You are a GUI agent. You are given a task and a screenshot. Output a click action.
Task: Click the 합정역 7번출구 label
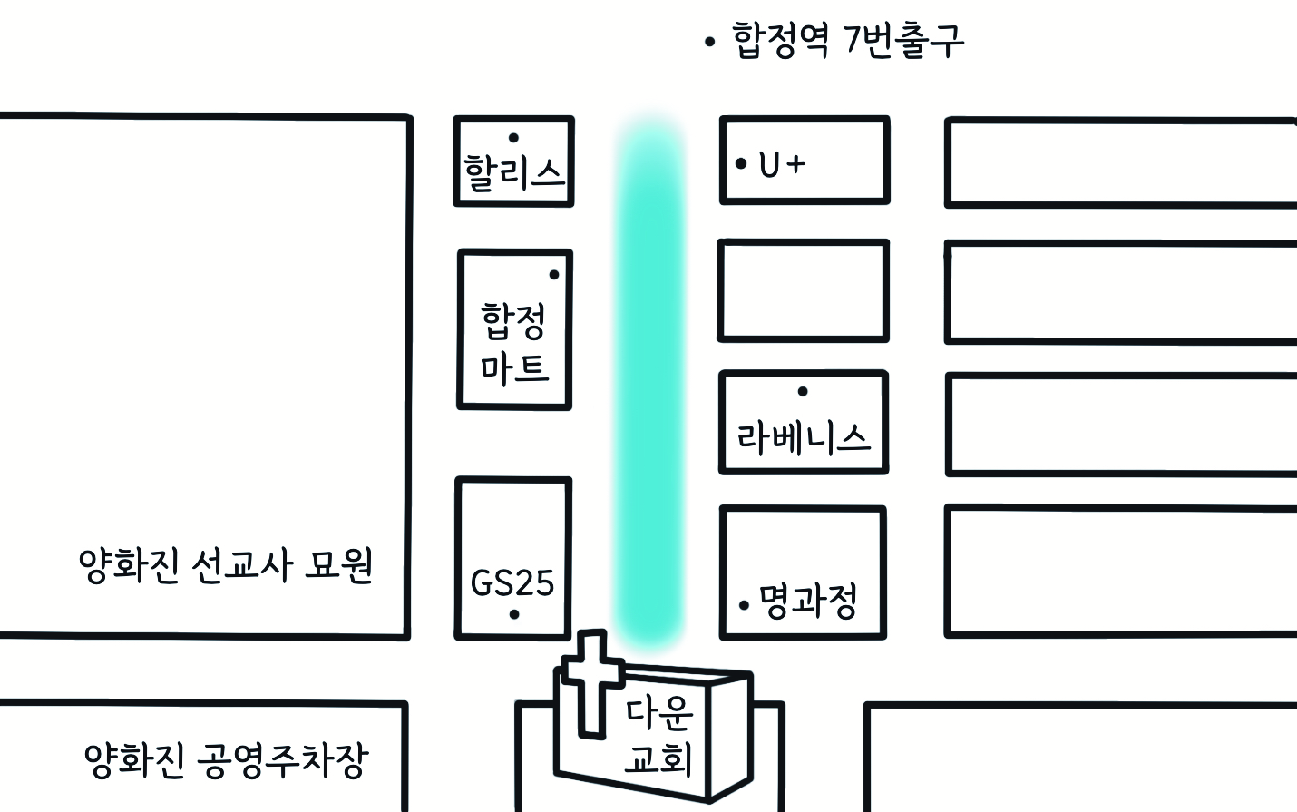click(847, 40)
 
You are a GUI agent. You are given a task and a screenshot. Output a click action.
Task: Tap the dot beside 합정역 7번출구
click(709, 41)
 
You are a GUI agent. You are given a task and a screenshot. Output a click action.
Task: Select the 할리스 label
click(514, 172)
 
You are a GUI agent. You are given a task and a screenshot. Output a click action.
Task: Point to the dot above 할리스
click(514, 138)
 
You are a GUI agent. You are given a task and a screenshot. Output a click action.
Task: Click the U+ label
click(782, 164)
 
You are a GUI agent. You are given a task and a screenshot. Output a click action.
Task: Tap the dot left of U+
click(741, 164)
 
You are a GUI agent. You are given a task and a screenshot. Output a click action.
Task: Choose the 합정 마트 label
click(514, 343)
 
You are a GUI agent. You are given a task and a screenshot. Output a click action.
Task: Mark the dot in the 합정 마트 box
click(554, 275)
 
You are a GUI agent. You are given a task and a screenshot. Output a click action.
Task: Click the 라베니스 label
click(803, 438)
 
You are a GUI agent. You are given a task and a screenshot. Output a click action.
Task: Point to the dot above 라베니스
click(803, 392)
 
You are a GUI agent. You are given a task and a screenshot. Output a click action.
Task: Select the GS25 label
click(512, 582)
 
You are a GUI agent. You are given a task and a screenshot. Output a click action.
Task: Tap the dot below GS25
click(514, 614)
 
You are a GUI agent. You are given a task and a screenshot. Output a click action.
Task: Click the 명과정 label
click(808, 601)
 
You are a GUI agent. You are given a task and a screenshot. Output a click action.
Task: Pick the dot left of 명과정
click(745, 604)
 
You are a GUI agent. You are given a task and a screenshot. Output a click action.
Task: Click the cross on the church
click(592, 680)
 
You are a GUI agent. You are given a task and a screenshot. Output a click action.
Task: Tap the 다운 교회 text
click(659, 735)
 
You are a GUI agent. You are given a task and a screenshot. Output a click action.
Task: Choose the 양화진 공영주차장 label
click(226, 760)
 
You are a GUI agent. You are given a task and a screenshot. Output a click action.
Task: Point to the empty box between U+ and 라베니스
click(804, 290)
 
